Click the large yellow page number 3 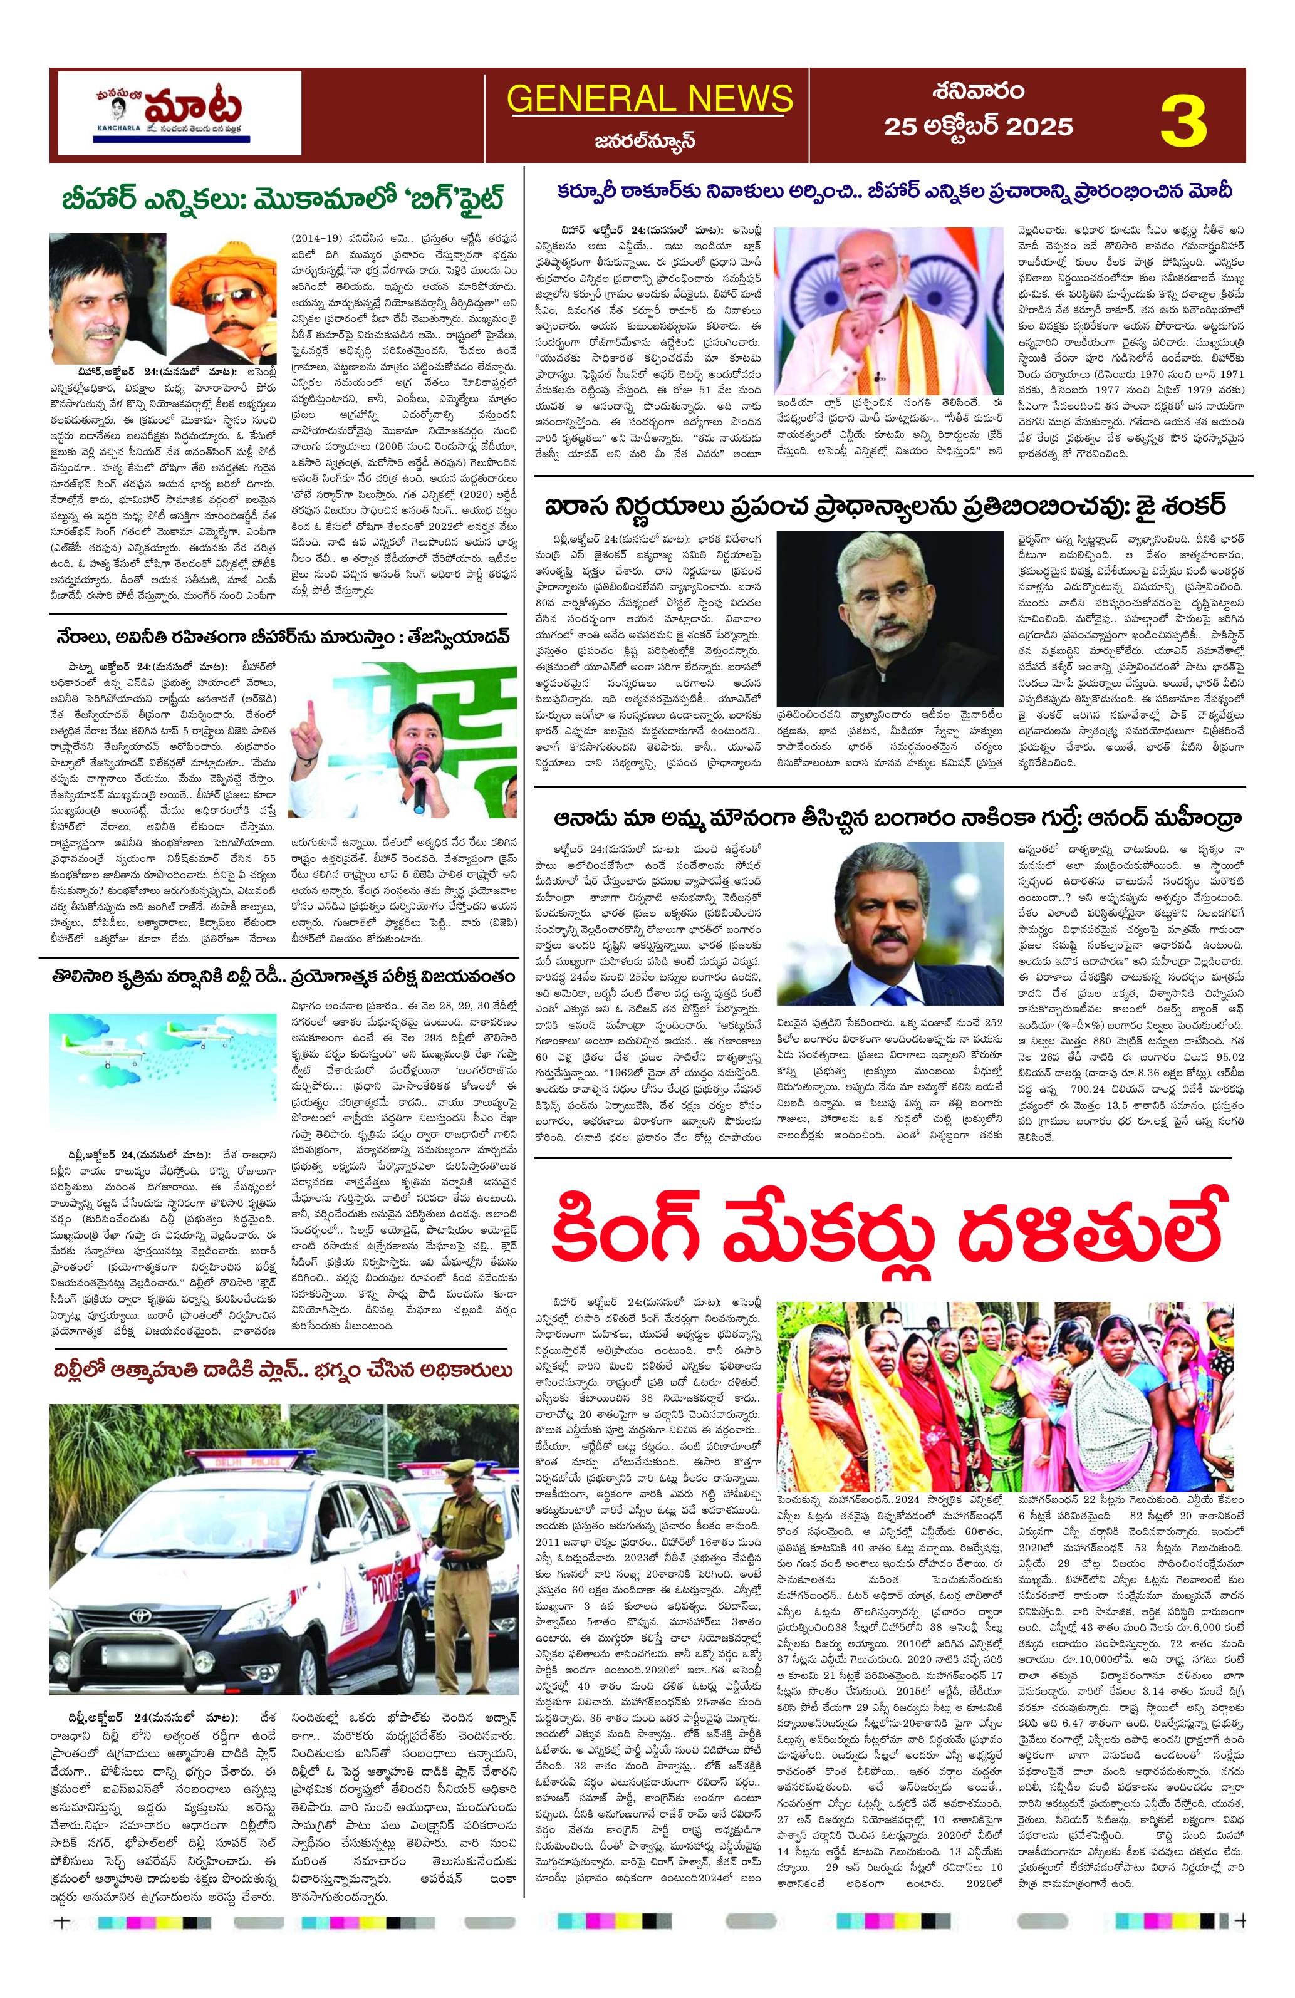[1183, 121]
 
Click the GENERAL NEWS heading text [649, 98]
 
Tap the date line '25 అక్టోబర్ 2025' [978, 127]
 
